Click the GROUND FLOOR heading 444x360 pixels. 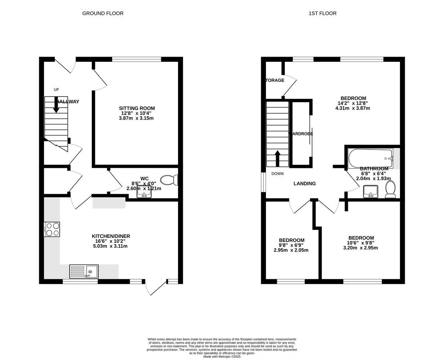[102, 13]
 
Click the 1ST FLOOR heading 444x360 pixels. [323, 13]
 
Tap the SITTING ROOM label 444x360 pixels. [137, 108]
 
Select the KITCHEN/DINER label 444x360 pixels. [111, 236]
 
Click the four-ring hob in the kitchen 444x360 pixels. [52, 229]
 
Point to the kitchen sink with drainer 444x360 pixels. [84, 272]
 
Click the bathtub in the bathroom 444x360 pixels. [370, 158]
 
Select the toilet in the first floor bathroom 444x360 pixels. [390, 190]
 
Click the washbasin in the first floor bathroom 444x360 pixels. [370, 191]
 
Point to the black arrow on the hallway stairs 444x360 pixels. [56, 105]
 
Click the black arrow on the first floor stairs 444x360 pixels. [277, 157]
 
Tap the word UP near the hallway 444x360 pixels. [56, 90]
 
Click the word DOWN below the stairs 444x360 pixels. [277, 174]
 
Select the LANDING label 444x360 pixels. [305, 184]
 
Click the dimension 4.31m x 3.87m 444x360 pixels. [352, 108]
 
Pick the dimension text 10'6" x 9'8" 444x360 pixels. [361, 243]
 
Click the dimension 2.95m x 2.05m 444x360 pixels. [291, 250]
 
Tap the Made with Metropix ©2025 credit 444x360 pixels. [222, 357]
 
